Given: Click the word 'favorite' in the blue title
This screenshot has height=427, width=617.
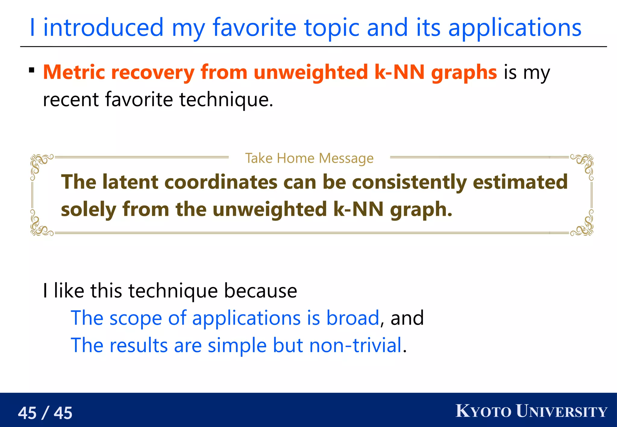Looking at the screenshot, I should (255, 28).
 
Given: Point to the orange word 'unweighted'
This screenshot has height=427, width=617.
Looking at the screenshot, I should (311, 72).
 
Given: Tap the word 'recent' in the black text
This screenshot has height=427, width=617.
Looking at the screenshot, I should (70, 100).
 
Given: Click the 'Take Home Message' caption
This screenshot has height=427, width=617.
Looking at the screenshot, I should (309, 158).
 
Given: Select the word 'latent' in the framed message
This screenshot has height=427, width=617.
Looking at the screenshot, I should (130, 182).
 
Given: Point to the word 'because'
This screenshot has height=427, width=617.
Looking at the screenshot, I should (261, 291).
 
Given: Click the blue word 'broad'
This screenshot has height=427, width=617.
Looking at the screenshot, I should (352, 318).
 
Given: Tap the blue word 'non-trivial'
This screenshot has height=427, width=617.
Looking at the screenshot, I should (355, 345).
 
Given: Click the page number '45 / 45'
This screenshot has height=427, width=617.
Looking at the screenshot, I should (45, 413).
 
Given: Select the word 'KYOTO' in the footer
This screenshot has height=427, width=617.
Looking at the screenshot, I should (483, 411).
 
